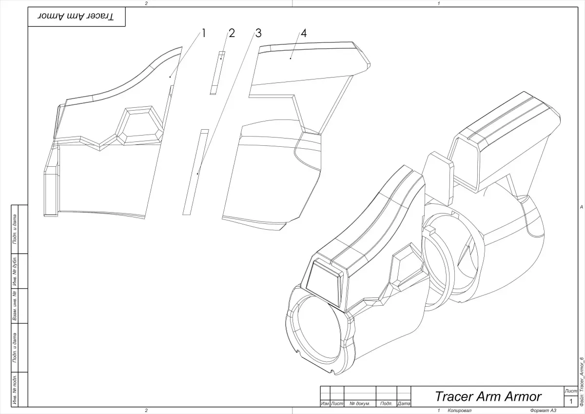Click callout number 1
point(204,33)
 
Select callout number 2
point(232,33)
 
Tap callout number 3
point(258,33)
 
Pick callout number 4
point(304,33)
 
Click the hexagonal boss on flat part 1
point(142,125)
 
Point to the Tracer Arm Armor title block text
point(487,395)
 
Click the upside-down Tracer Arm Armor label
point(76,17)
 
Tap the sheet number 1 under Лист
point(570,401)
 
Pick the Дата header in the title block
point(403,404)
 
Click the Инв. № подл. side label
point(15,389)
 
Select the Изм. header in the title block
point(325,404)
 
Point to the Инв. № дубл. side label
point(15,271)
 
